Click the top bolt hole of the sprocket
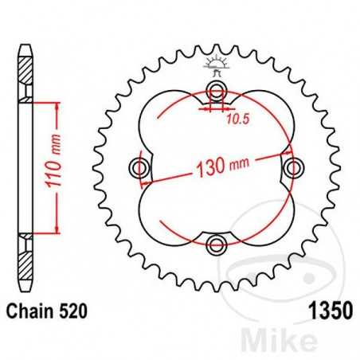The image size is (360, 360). (x=216, y=89)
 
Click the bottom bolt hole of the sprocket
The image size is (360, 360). (x=216, y=244)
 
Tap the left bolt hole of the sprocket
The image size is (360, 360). (x=140, y=166)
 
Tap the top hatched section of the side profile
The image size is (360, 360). (x=27, y=80)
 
